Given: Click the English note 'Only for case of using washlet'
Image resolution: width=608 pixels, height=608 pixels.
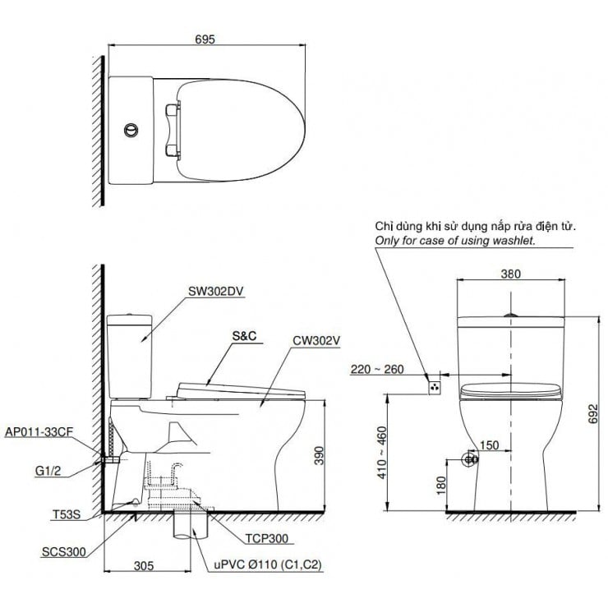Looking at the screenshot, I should point(454,242).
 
